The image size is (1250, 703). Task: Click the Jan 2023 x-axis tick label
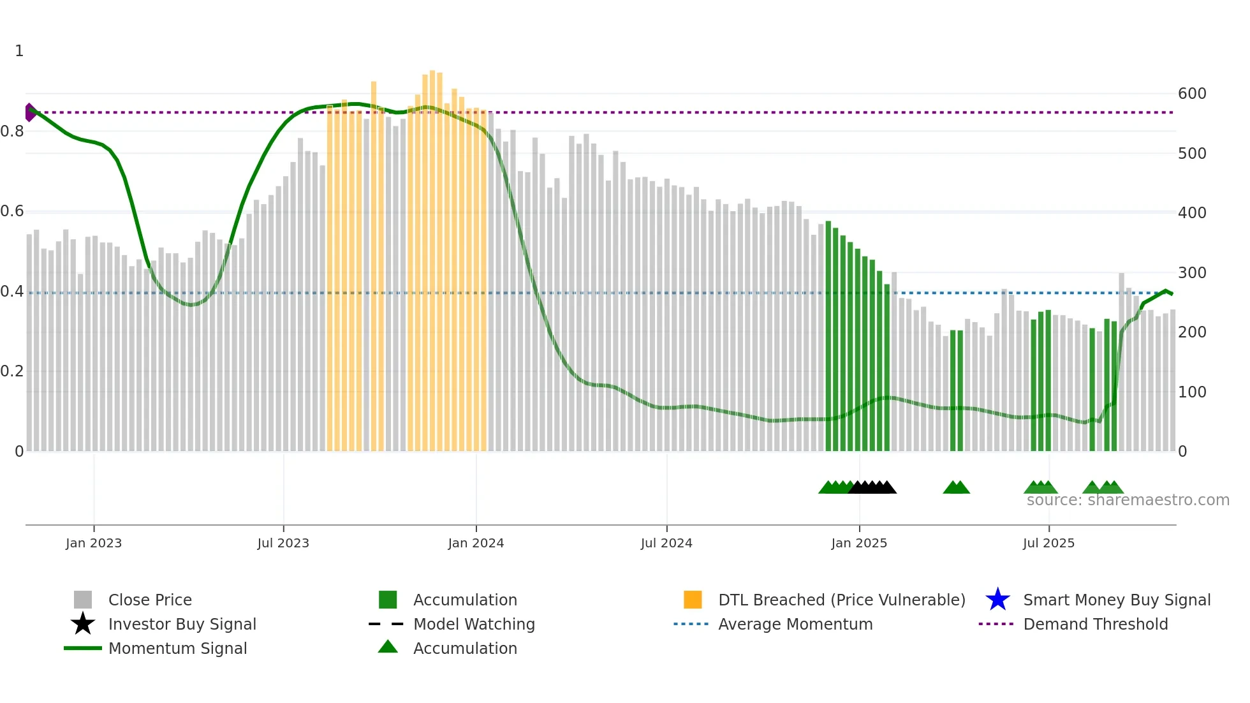pyautogui.click(x=94, y=543)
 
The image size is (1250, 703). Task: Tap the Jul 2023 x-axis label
pyautogui.click(x=283, y=543)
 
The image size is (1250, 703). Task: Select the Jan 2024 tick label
pyautogui.click(x=476, y=543)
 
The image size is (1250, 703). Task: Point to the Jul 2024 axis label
pyautogui.click(x=666, y=543)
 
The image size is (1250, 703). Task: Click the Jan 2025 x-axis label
pyautogui.click(x=859, y=543)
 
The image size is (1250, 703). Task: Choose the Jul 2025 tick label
pyautogui.click(x=1048, y=543)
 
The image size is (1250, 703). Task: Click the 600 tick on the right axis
pyautogui.click(x=1192, y=94)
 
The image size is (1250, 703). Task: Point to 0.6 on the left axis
pyautogui.click(x=12, y=211)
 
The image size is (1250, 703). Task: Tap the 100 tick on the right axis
pyautogui.click(x=1192, y=392)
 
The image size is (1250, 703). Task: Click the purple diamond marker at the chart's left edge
pyautogui.click(x=30, y=112)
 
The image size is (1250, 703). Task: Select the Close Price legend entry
pyautogui.click(x=150, y=600)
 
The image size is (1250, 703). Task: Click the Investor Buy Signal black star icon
pyautogui.click(x=83, y=624)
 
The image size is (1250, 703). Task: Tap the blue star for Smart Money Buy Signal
pyautogui.click(x=997, y=600)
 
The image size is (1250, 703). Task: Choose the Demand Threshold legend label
pyautogui.click(x=1095, y=624)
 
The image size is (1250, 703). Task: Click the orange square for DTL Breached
pyautogui.click(x=693, y=600)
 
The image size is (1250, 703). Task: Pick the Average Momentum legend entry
pyautogui.click(x=795, y=624)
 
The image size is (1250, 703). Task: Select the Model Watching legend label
pyautogui.click(x=474, y=624)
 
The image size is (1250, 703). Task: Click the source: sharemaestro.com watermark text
pyautogui.click(x=1128, y=500)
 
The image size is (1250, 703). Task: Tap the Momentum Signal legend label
pyautogui.click(x=177, y=648)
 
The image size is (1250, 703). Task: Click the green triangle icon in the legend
pyautogui.click(x=388, y=647)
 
